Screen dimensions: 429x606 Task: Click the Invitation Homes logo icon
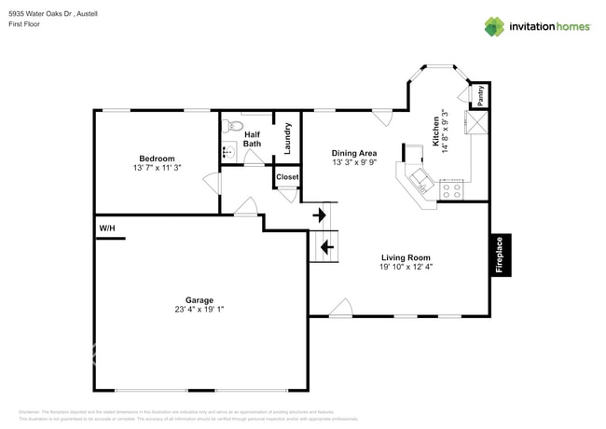pos(494,26)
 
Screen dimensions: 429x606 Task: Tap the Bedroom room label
pos(157,159)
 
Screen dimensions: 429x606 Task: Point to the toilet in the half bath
pos(236,126)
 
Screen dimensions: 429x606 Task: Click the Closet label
pos(287,176)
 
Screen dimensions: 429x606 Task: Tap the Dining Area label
pos(354,153)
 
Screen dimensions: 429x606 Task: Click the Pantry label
pos(480,95)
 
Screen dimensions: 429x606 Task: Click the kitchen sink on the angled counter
pos(418,179)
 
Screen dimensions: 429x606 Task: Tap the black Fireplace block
pos(499,254)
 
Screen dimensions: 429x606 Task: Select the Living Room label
pos(406,257)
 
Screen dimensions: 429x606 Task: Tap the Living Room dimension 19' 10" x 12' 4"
pos(406,268)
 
